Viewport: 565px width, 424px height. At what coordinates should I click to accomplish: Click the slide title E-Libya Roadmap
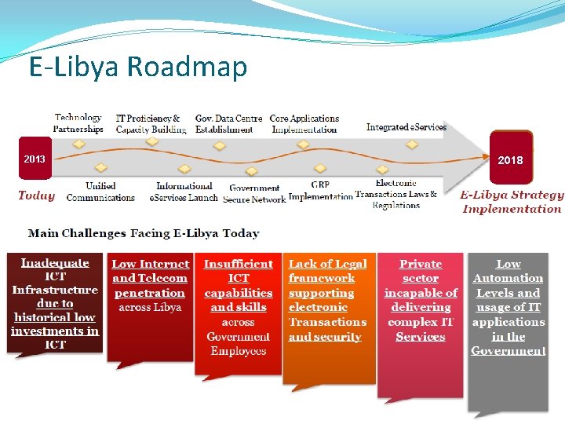(138, 68)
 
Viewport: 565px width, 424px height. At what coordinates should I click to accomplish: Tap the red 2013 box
(35, 159)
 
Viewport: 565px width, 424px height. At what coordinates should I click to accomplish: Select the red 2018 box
(509, 159)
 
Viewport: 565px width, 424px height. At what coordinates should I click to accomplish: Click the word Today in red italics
(36, 196)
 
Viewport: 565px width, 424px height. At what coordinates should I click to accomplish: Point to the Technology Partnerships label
(78, 123)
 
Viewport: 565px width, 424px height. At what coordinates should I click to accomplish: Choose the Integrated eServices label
(406, 127)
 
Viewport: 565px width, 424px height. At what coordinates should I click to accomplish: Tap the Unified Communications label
(100, 192)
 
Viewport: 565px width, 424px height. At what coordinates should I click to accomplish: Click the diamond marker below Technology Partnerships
(78, 144)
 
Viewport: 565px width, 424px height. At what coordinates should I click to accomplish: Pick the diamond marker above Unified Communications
(100, 167)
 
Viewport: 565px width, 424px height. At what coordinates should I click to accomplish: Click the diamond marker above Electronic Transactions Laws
(382, 169)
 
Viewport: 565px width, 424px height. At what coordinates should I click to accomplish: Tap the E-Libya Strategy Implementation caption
(512, 202)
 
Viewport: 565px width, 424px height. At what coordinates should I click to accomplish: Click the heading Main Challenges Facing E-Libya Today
(144, 233)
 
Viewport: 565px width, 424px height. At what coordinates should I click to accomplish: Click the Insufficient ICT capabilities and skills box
(239, 310)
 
